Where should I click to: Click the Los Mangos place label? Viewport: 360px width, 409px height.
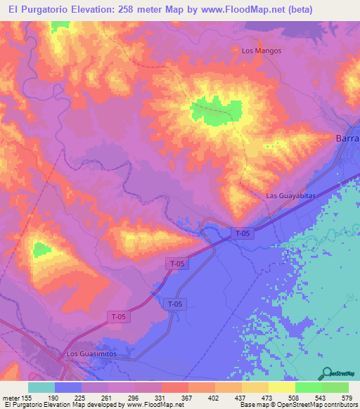click(x=262, y=51)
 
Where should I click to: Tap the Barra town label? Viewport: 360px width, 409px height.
click(x=347, y=138)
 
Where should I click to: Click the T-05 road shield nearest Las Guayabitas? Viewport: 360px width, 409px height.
click(x=243, y=233)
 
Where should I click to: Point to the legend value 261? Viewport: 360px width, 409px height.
click(x=103, y=398)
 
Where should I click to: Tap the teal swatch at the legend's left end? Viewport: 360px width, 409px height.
click(x=41, y=387)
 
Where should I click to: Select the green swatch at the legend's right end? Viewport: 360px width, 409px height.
click(x=335, y=387)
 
